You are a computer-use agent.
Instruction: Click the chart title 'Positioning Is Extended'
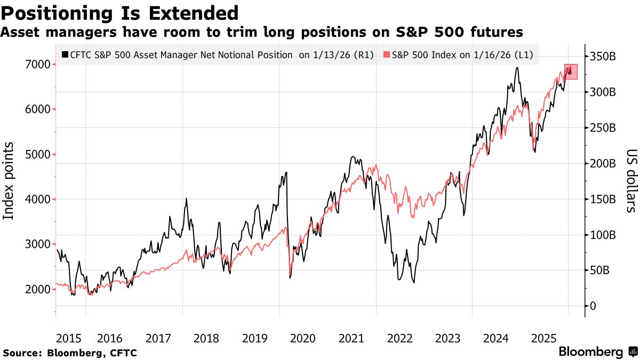pyautogui.click(x=119, y=12)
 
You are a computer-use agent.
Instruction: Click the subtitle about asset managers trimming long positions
pyautogui.click(x=261, y=33)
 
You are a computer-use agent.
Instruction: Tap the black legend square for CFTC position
pyautogui.click(x=65, y=54)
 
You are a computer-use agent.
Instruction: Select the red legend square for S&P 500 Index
pyautogui.click(x=387, y=54)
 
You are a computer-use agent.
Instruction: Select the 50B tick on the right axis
pyautogui.click(x=606, y=270)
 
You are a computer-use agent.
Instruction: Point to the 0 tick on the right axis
pyautogui.click(x=593, y=306)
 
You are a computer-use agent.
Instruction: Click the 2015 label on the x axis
pyautogui.click(x=68, y=338)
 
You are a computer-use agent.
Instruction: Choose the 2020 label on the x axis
pyautogui.click(x=303, y=338)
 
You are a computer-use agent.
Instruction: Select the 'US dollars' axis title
pyautogui.click(x=630, y=180)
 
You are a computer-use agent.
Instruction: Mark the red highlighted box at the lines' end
pyautogui.click(x=571, y=72)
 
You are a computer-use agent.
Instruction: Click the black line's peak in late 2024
pyautogui.click(x=517, y=68)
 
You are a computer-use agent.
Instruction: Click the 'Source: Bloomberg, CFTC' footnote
pyautogui.click(x=70, y=353)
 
